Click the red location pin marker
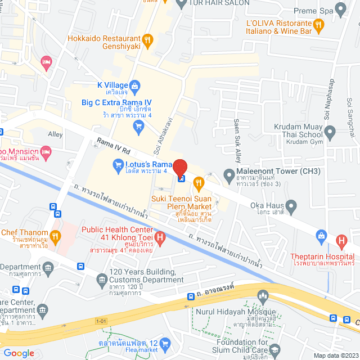[179, 168]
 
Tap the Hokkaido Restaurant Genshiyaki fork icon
[148, 39]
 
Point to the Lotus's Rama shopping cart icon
[118, 164]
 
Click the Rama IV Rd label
[113, 148]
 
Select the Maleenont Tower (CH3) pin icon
[229, 173]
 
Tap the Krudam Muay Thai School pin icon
[330, 133]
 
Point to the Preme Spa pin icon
[340, 9]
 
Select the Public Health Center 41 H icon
[160, 238]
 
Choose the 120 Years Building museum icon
[102, 278]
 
